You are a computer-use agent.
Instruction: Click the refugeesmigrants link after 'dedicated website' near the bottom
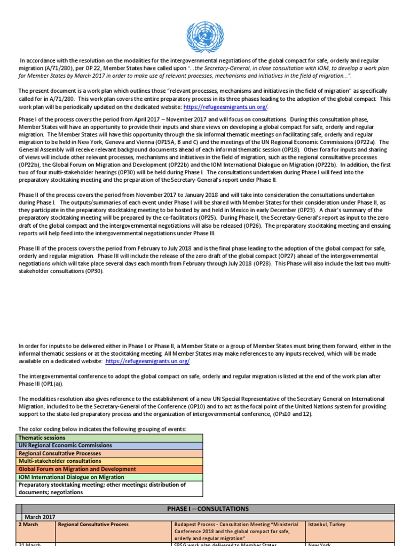point(147,361)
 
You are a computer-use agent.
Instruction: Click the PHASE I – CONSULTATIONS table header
point(208,509)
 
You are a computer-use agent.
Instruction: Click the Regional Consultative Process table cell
point(94,525)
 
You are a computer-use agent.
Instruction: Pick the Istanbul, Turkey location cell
point(326,525)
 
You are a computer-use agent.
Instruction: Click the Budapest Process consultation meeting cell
point(238,531)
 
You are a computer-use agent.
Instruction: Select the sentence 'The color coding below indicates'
point(102,429)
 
